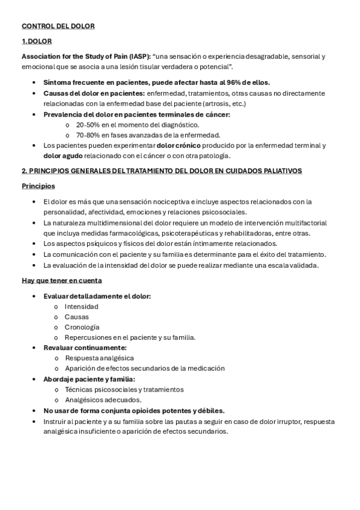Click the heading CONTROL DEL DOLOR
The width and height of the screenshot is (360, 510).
point(58,26)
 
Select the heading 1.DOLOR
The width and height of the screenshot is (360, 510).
point(37,41)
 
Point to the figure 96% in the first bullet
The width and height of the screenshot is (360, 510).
point(234,82)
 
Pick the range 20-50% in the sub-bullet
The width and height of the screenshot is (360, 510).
point(88,124)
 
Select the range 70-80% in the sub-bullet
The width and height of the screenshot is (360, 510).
point(88,135)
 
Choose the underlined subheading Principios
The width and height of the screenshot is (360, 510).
point(38,186)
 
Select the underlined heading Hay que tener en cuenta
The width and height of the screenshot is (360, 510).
point(62,280)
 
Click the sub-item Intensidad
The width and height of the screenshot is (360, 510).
point(82,307)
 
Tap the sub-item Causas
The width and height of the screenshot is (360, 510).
point(77,317)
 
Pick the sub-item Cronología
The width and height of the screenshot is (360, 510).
point(82,327)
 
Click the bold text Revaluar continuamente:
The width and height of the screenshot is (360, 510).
point(85,348)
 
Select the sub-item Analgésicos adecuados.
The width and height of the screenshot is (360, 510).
point(103,399)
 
